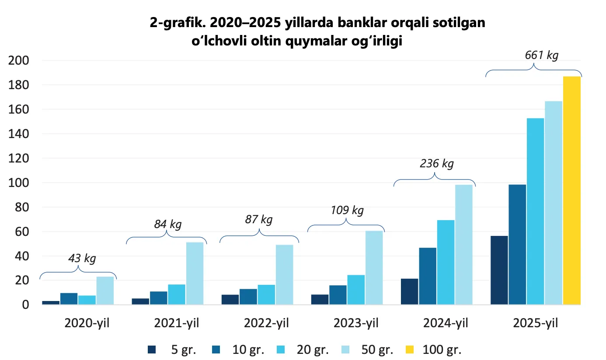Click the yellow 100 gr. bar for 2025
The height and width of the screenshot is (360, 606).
571,190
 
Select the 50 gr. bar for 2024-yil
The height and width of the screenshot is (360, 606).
463,245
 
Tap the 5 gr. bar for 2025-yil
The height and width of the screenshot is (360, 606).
499,270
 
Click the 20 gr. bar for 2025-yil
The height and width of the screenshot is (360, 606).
535,211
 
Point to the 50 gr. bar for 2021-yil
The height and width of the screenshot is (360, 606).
195,273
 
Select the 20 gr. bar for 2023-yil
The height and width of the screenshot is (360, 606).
356,289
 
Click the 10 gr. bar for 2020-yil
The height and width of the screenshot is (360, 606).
69,299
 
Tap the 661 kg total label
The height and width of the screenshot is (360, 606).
541,55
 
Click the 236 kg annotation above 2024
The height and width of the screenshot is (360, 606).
437,164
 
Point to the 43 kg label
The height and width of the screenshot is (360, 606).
82,258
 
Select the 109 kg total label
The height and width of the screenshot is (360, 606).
347,210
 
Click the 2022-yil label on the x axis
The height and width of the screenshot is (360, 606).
266,324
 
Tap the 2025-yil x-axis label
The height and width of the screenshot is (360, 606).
536,324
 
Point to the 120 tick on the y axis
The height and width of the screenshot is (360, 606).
20,158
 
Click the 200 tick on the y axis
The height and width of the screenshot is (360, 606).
20,60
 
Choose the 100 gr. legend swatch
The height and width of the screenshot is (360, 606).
410,350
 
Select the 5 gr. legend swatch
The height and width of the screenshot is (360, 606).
152,350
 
